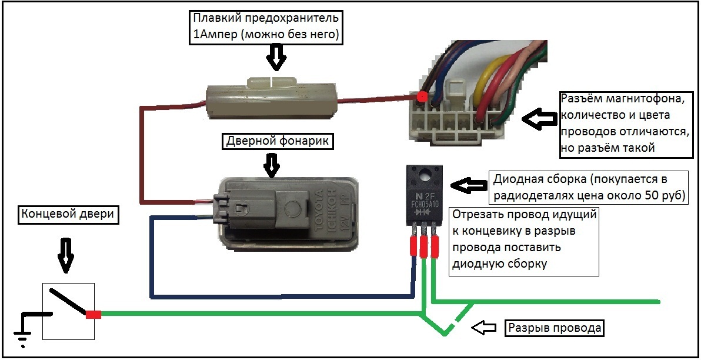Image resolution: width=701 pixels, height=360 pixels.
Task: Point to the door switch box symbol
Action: click(69, 310)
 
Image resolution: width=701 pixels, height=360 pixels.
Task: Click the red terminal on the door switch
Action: click(93, 315)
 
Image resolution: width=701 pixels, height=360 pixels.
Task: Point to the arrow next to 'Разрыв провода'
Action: click(486, 328)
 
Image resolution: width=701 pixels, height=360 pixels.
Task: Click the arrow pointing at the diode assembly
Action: click(467, 185)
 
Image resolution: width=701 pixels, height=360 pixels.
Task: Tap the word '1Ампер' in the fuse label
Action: click(213, 35)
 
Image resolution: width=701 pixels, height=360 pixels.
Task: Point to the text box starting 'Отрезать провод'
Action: click(524, 240)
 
